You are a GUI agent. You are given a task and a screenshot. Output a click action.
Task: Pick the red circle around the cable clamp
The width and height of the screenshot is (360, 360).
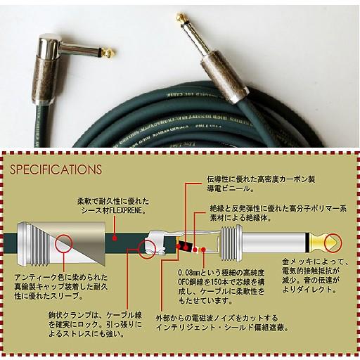coord(151,247)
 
